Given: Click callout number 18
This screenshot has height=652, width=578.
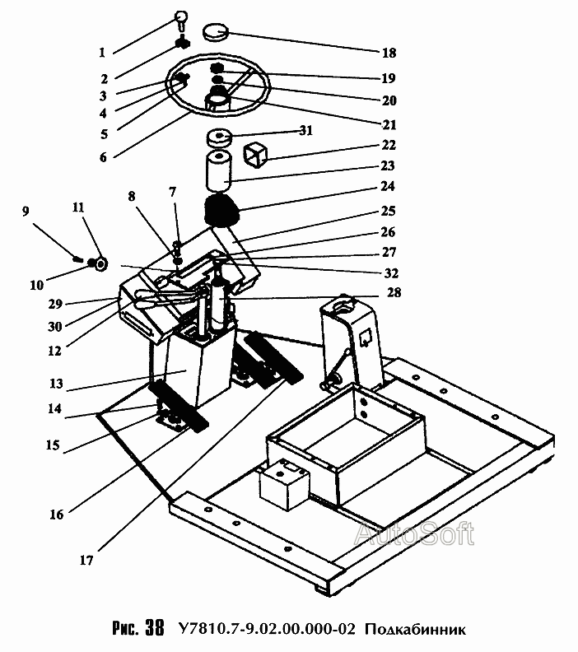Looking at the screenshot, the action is (x=389, y=53).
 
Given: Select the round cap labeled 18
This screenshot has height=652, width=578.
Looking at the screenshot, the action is (x=216, y=31).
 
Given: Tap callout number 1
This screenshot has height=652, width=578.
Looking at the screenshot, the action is (x=102, y=53).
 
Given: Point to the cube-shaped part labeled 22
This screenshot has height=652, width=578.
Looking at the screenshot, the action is (x=255, y=155).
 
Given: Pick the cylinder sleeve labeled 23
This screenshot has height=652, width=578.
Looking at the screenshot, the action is (x=219, y=172).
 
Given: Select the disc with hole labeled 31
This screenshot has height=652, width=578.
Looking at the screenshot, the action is (x=219, y=137).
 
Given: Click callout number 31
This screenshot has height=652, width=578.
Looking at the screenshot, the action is (x=306, y=131).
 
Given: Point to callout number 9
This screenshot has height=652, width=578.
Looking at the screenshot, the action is (x=26, y=212).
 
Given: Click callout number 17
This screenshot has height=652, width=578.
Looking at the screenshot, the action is (x=86, y=560).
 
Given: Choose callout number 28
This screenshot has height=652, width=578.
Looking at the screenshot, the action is (x=394, y=292).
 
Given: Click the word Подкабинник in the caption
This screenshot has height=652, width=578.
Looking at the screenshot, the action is (x=416, y=629).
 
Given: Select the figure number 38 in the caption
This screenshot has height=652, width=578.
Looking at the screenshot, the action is (x=155, y=627).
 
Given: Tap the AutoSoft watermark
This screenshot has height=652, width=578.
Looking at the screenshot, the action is (x=414, y=533).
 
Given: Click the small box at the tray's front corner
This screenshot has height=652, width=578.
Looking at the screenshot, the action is (x=284, y=484).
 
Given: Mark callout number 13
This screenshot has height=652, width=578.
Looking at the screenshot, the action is (x=56, y=384).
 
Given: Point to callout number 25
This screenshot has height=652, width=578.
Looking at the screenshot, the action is (x=388, y=211).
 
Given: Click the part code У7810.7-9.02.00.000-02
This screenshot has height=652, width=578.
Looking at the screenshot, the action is (x=267, y=629).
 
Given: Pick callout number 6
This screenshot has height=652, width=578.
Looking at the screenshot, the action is (x=103, y=157).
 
